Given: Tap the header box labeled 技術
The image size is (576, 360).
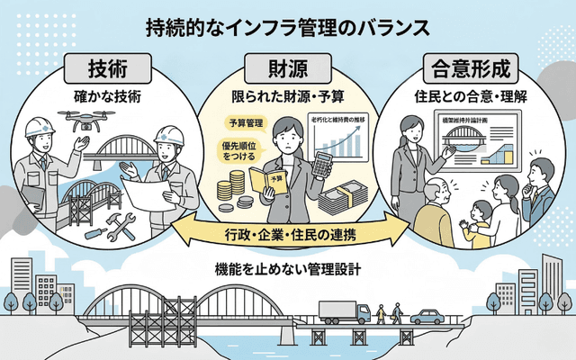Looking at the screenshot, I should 107,68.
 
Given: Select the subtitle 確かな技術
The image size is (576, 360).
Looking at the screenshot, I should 105,94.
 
